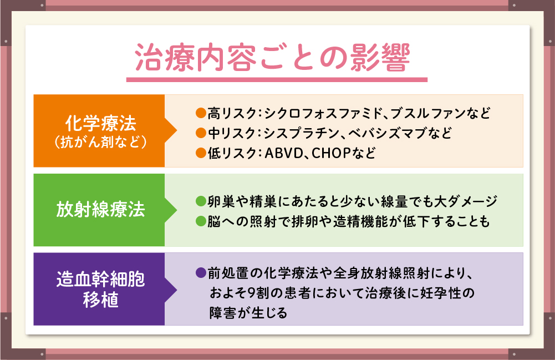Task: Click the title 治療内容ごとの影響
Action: click(272, 58)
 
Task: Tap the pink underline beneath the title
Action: click(277, 80)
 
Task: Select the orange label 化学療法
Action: click(101, 123)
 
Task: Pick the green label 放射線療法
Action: click(101, 209)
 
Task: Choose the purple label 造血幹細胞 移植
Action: click(101, 289)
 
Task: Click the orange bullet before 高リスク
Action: click(201, 113)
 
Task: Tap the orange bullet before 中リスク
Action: click(201, 133)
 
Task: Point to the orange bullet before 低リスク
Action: click(201, 153)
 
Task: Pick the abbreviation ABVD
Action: click(283, 153)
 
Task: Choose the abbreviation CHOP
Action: click(331, 153)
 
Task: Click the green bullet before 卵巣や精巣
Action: click(201, 201)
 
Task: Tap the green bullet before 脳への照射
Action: click(201, 221)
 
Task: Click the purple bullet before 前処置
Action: click(201, 273)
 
